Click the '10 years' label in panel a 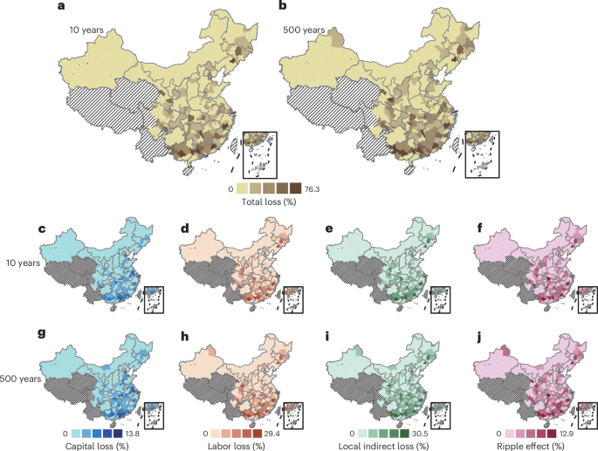pyautogui.click(x=87, y=31)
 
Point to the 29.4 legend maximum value pyautogui.click(x=272, y=431)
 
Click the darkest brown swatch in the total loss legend pyautogui.click(x=295, y=188)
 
